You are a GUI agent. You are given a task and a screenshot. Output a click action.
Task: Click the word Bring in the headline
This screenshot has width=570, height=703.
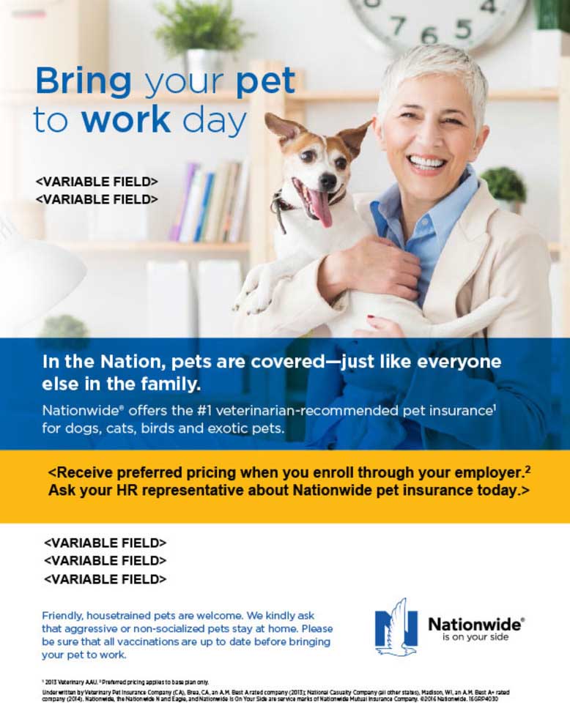click(84, 82)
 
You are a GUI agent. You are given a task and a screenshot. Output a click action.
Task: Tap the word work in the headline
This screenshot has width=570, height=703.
click(125, 119)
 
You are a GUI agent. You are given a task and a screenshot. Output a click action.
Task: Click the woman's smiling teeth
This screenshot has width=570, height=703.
click(426, 161)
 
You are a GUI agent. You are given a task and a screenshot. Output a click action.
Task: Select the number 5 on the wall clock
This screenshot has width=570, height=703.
click(462, 29)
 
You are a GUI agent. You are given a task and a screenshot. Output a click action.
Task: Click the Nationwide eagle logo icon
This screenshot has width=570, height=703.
click(396, 627)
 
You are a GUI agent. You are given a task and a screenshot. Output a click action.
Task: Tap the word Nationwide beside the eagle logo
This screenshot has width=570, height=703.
click(475, 624)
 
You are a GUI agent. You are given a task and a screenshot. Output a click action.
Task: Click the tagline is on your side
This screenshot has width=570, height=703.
click(475, 637)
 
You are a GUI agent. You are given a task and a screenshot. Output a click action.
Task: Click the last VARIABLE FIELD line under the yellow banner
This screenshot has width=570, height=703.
click(106, 579)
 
